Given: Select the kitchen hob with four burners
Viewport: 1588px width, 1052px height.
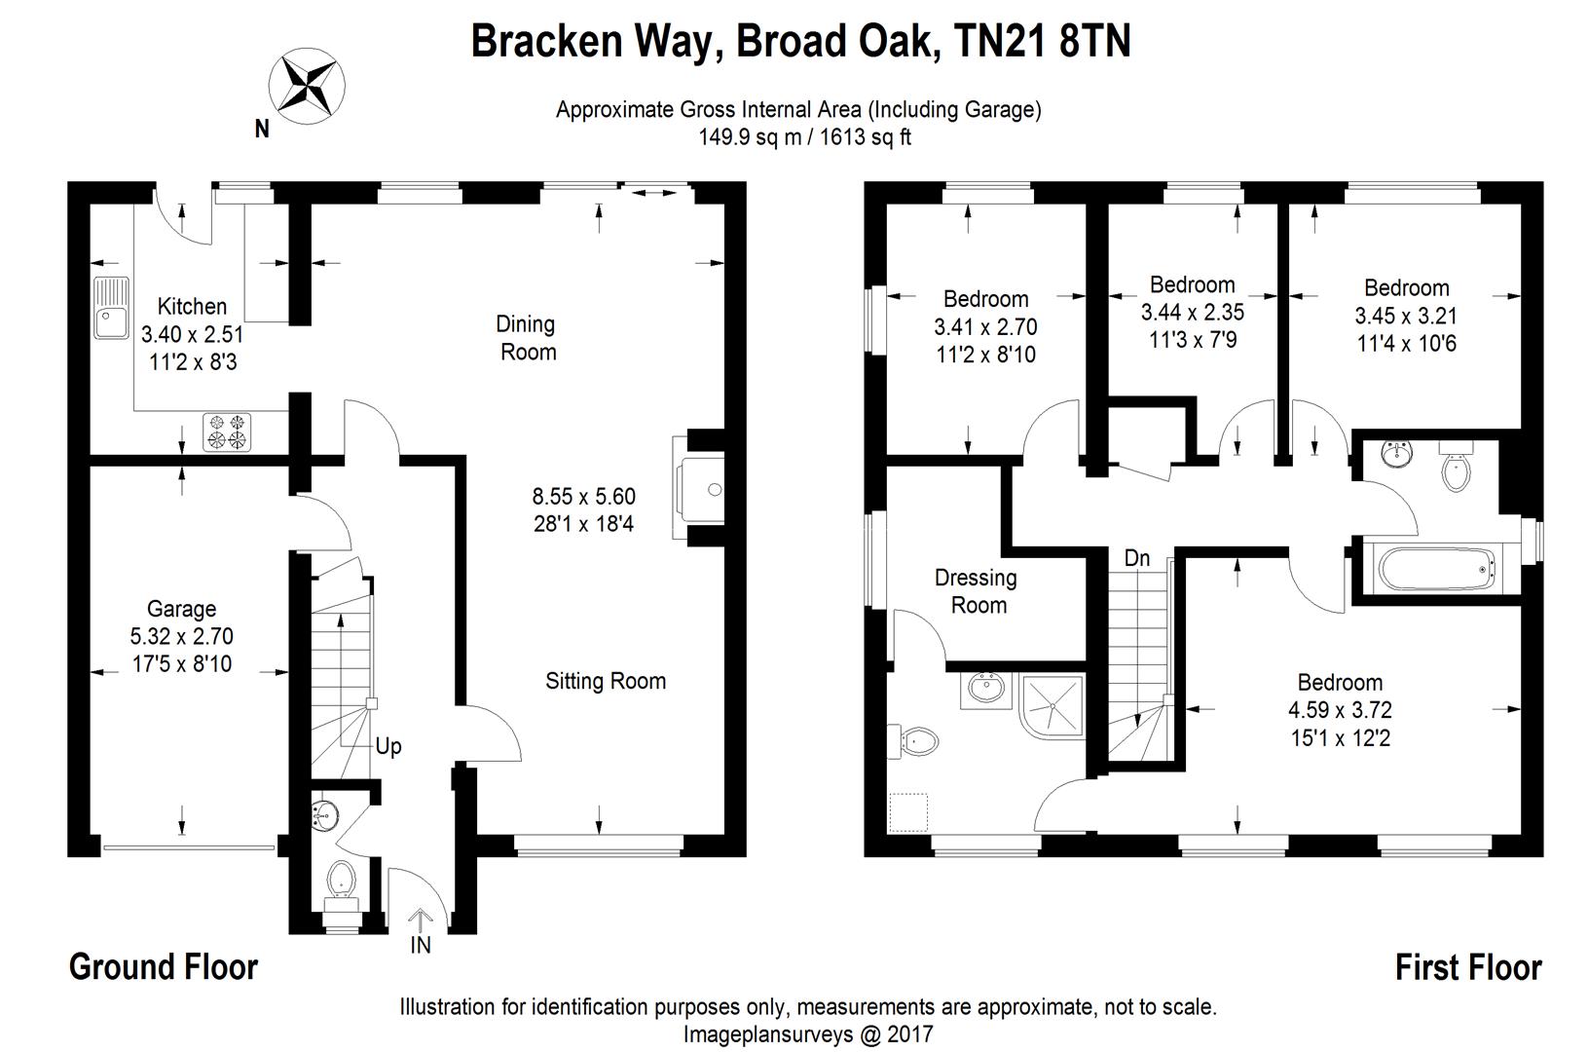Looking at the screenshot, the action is point(227,432).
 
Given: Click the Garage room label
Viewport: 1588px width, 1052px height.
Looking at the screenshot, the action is point(181,610).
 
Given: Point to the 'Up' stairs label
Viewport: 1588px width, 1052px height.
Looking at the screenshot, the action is point(388,746).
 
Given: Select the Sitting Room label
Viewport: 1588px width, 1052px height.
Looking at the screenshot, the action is point(605,681).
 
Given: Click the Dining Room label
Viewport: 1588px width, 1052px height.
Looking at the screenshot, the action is point(527,337).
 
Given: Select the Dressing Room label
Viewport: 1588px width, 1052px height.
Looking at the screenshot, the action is point(977,591).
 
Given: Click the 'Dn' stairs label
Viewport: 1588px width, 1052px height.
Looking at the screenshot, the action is point(1136,558).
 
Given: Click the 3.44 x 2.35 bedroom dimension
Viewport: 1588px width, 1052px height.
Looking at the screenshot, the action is point(1192,313).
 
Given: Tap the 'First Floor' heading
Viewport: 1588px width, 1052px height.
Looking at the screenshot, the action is point(1467,967).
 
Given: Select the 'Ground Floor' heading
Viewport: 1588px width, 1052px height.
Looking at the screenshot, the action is point(164,967).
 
